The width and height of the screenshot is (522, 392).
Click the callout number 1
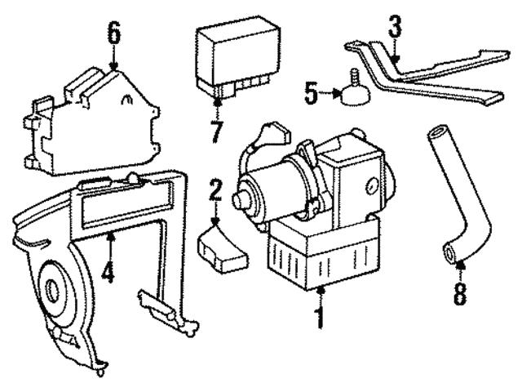click(320, 315)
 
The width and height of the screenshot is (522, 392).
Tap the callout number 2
click(215, 194)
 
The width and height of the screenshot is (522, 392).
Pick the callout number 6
click(113, 33)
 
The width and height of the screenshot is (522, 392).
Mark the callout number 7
click(216, 130)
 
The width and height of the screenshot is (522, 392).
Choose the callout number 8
click(461, 292)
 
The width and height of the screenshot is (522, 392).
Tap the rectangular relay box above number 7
click(232, 60)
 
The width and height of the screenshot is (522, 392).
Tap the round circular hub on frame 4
click(57, 289)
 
